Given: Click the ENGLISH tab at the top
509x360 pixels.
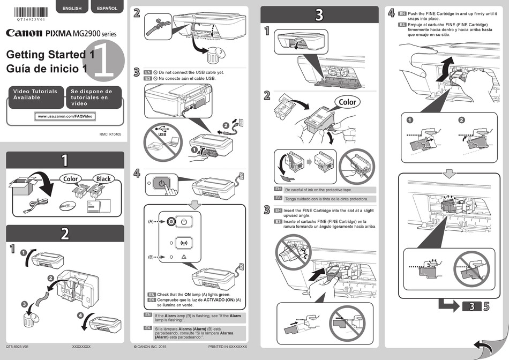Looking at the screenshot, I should pyautogui.click(x=72, y=7).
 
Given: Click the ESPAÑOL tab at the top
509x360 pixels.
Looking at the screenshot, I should pyautogui.click(x=107, y=7).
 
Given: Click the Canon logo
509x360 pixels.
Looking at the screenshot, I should pyautogui.click(x=24, y=33).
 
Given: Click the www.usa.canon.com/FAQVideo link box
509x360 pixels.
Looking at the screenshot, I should pyautogui.click(x=65, y=116).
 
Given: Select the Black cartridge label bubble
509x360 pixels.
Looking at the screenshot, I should pyautogui.click(x=103, y=178).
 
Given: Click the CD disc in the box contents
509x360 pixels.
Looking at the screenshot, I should pyautogui.click(x=68, y=206).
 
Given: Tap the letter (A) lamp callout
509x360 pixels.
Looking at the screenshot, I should pyautogui.click(x=151, y=221).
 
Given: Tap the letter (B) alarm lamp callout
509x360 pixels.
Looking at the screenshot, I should pyautogui.click(x=151, y=257).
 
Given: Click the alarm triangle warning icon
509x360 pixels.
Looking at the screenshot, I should pyautogui.click(x=183, y=258).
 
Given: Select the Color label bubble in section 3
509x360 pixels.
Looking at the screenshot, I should pyautogui.click(x=347, y=102).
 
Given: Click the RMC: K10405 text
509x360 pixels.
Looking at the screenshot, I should pyautogui.click(x=110, y=134).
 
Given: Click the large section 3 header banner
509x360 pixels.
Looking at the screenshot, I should pyautogui.click(x=319, y=15).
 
